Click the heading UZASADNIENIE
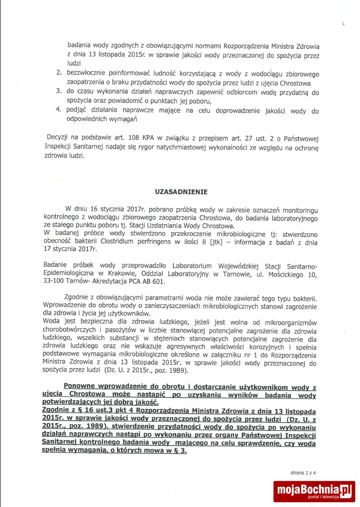[x=180, y=192]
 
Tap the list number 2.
[x=59, y=74]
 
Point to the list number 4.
[x=59, y=111]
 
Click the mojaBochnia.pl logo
[x=315, y=491]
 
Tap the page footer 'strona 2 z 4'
[x=303, y=473]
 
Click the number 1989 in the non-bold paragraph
[x=178, y=371]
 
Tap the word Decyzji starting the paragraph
[x=59, y=139]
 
